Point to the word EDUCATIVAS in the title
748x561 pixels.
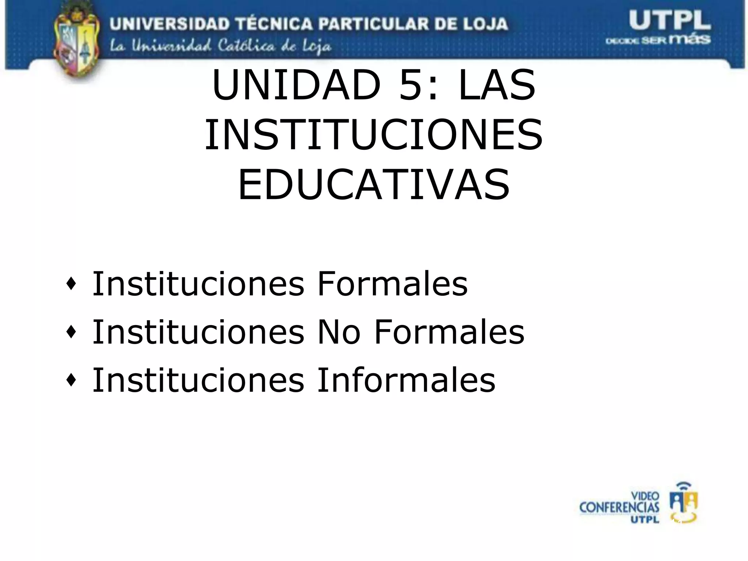pyautogui.click(x=373, y=185)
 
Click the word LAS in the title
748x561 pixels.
pyautogui.click(x=497, y=86)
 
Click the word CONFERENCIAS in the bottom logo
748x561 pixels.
pyautogui.click(x=619, y=507)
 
